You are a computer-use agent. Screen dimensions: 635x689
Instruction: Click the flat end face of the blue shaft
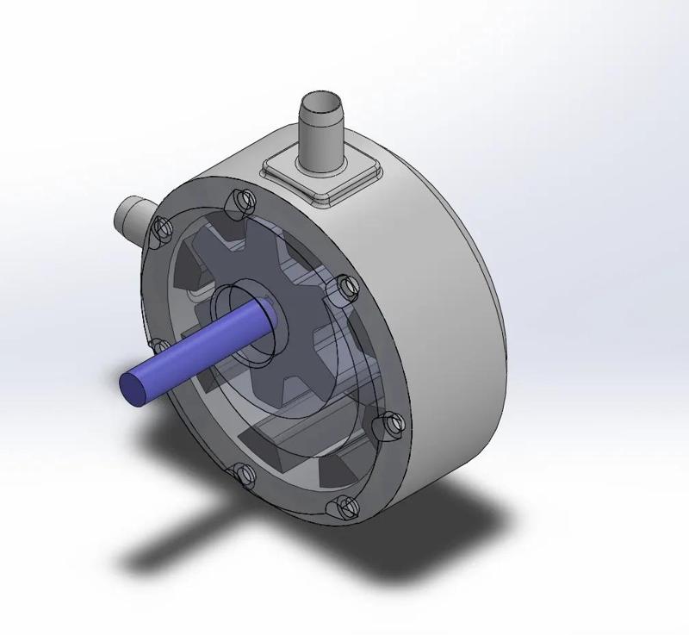click(x=133, y=386)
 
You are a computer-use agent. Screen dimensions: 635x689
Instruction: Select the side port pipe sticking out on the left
click(x=132, y=215)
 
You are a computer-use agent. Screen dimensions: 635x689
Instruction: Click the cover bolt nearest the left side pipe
click(x=158, y=229)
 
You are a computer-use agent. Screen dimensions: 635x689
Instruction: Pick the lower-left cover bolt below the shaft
click(x=242, y=473)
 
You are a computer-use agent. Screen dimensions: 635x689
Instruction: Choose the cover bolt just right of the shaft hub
click(x=344, y=285)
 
